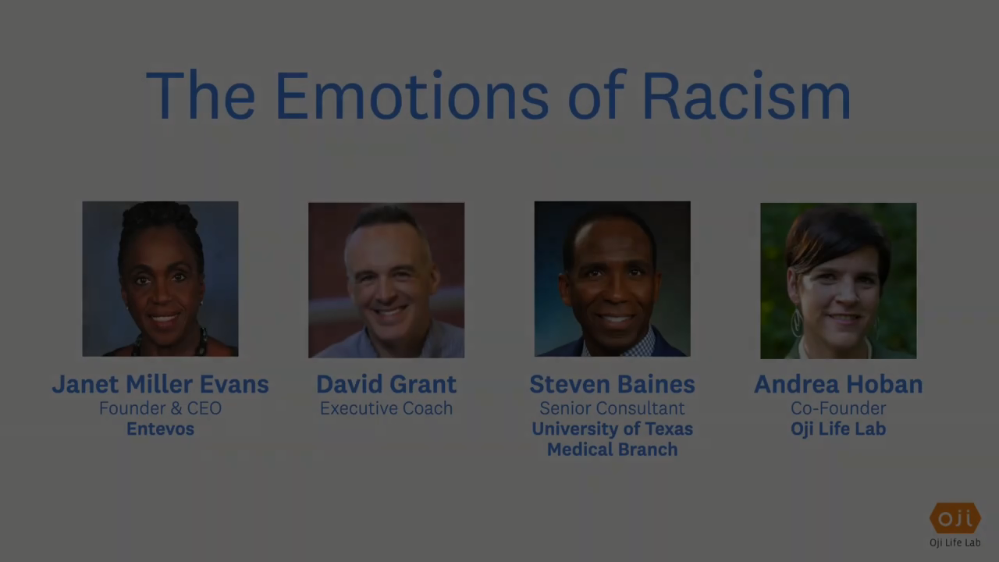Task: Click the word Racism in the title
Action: point(747,96)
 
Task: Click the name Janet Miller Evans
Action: point(161,384)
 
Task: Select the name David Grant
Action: point(386,384)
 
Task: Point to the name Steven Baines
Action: point(613,384)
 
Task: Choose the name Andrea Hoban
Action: point(838,384)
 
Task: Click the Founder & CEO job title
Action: point(161,408)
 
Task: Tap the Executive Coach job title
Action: point(386,408)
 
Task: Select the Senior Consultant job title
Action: point(613,408)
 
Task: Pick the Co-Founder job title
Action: point(838,408)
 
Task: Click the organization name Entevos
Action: point(161,429)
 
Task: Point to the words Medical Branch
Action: point(613,449)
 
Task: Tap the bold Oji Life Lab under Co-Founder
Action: point(838,429)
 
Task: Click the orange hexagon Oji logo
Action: point(955,518)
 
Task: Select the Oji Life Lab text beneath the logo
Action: point(955,542)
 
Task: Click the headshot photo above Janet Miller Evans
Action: point(161,279)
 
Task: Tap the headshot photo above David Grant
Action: point(386,280)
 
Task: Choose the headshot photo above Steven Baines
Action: point(613,279)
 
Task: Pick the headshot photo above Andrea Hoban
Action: point(838,280)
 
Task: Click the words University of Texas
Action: point(613,429)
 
